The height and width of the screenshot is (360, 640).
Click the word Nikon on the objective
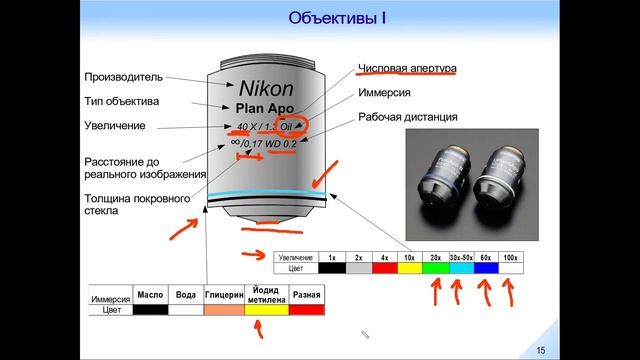(x=266, y=88)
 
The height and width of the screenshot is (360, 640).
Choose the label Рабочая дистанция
(x=408, y=117)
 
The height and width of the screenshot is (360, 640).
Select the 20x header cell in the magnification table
(x=436, y=257)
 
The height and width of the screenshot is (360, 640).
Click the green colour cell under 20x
(x=436, y=268)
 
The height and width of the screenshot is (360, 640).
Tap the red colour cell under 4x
(x=385, y=268)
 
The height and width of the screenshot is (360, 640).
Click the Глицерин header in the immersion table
(x=224, y=296)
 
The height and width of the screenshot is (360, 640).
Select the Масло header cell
(x=149, y=296)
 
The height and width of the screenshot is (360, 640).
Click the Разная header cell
(x=308, y=296)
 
